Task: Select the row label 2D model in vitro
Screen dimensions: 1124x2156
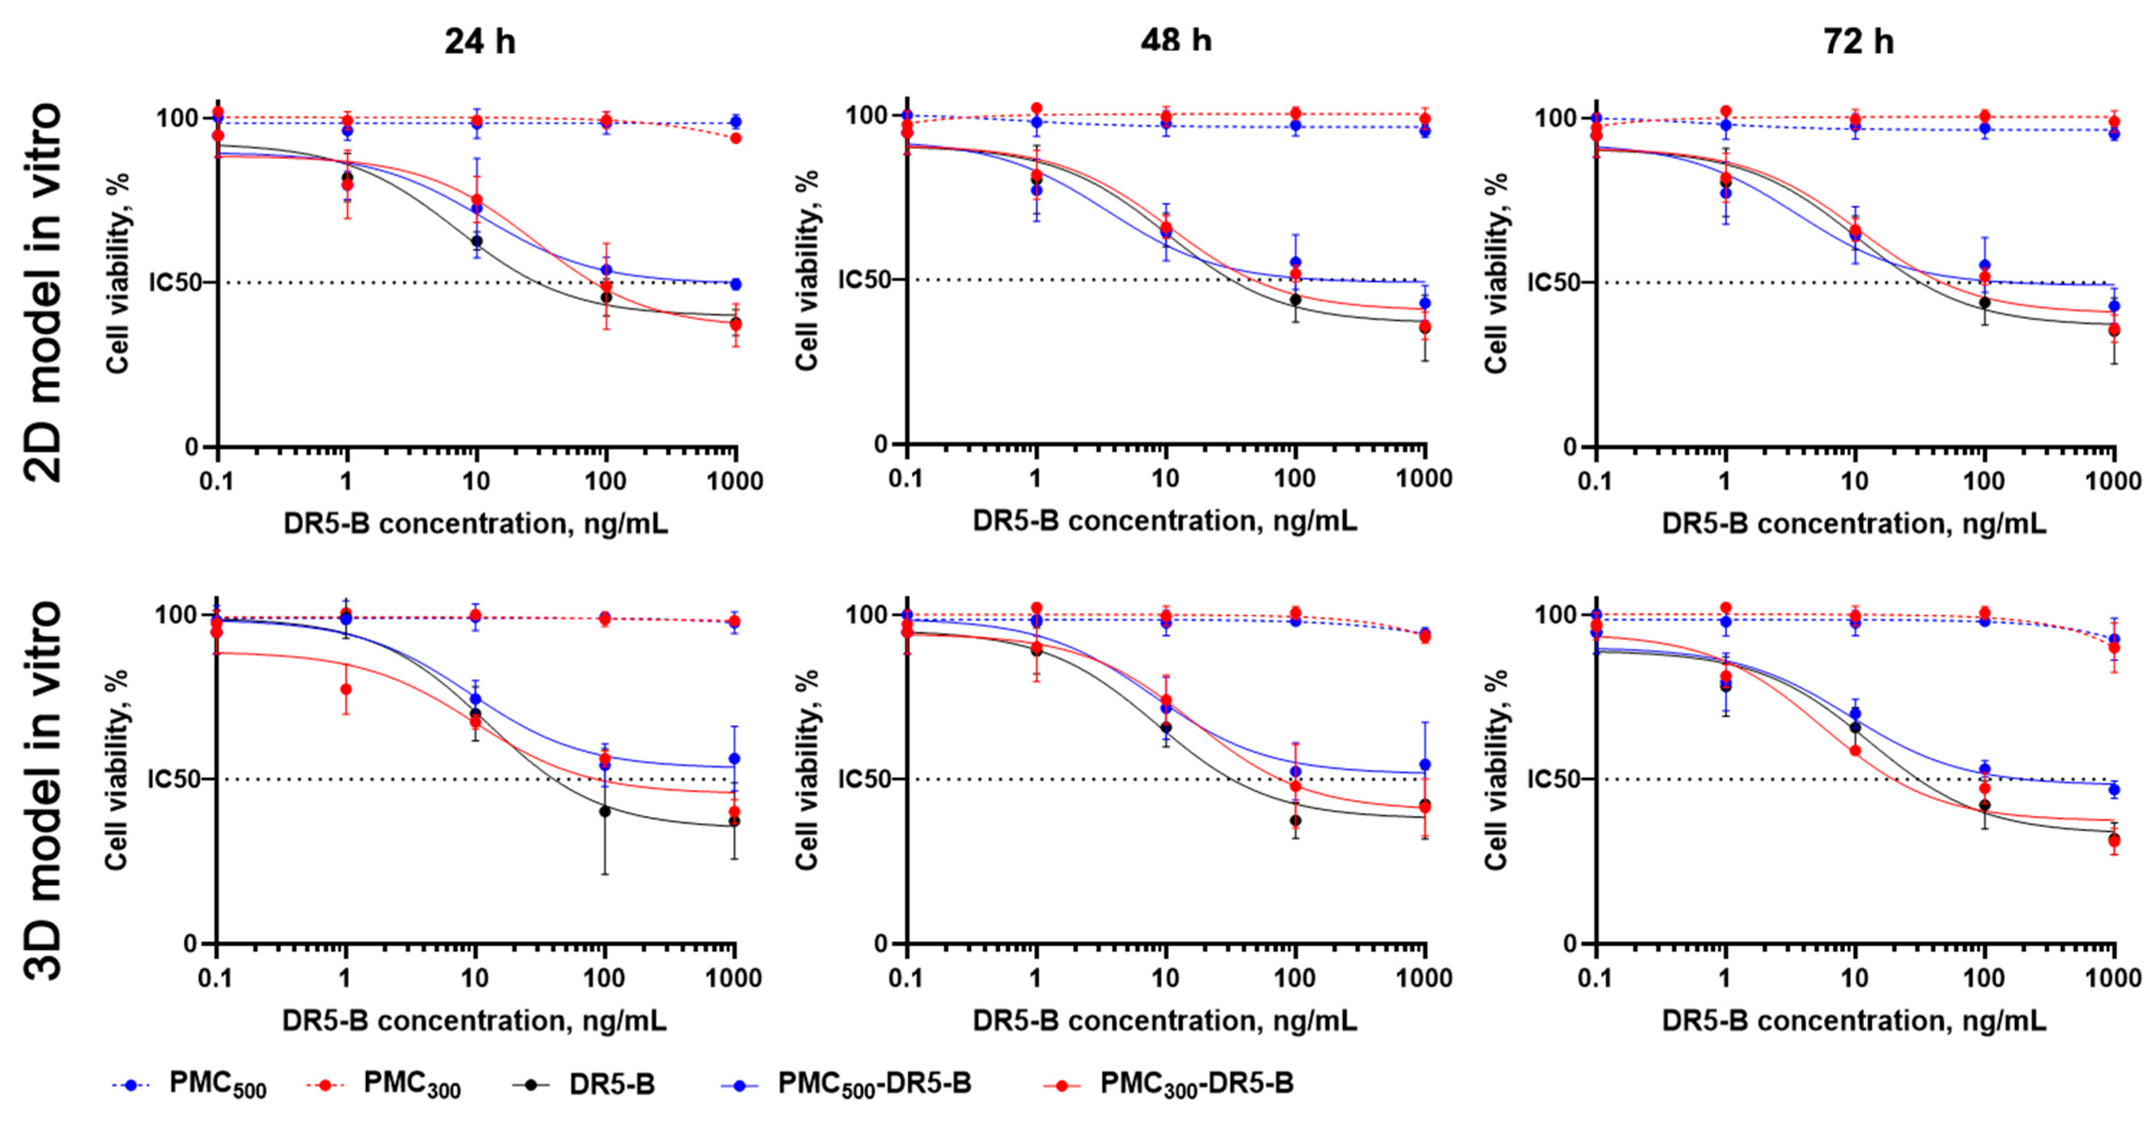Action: coord(42,293)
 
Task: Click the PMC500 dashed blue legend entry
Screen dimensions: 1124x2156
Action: coord(189,1085)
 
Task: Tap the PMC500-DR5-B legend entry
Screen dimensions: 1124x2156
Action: coord(846,1085)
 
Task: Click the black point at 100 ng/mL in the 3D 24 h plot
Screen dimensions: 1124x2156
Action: coord(604,811)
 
